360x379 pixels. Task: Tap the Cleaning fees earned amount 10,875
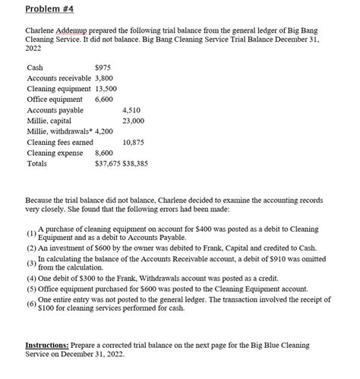point(134,142)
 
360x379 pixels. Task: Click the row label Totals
point(36,163)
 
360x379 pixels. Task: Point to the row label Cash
point(34,68)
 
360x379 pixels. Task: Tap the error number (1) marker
point(30,232)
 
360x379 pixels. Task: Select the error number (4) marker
point(30,278)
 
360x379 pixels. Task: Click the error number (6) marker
point(30,305)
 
